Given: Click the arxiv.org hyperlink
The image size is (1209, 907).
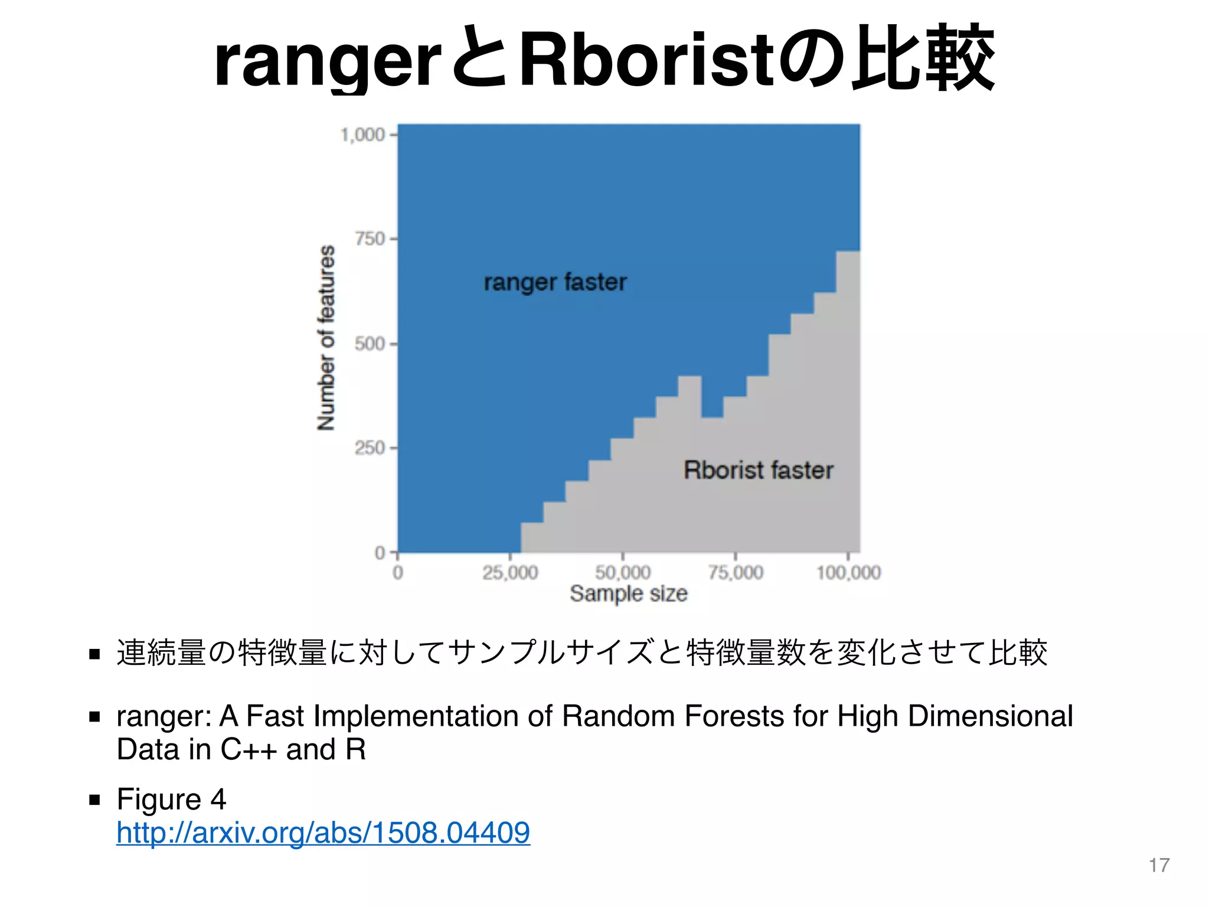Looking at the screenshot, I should point(323,833).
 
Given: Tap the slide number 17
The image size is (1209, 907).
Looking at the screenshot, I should point(1159,865).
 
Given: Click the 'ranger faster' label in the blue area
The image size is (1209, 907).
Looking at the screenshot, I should point(555,282).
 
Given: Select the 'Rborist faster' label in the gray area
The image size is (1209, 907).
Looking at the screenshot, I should point(758,470).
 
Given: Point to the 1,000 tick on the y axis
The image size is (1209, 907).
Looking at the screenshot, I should point(363,135).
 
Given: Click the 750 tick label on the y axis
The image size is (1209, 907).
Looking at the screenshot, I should point(370,239).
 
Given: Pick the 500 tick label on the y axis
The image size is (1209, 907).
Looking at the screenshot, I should point(370,344).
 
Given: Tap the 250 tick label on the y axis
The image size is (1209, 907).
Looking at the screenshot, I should point(370,448).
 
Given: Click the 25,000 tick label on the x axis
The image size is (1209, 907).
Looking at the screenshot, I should point(510,572).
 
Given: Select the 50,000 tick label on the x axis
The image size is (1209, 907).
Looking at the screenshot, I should point(623,572).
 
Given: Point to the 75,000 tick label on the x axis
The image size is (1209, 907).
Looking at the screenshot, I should point(736,572).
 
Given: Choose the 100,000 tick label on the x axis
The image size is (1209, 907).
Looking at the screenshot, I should point(848,572).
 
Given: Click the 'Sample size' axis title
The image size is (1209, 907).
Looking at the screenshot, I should point(629,593).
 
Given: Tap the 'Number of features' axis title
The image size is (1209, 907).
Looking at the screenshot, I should point(326,337).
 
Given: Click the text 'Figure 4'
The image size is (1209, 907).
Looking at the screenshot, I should point(171,799).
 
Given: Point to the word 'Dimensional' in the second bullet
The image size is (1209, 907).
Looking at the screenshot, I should point(990,716).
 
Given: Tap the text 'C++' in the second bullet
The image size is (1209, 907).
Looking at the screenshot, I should point(249,749).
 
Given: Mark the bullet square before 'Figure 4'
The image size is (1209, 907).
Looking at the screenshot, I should point(94,800).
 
